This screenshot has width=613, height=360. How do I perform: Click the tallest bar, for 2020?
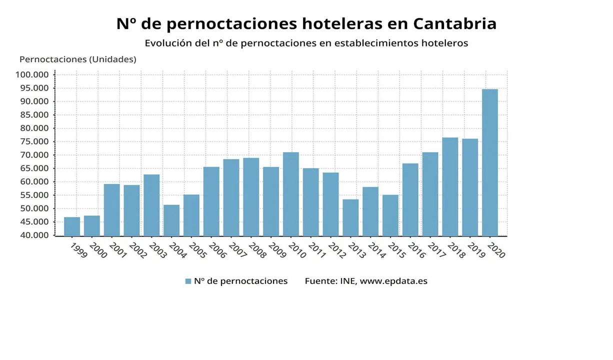coord(489,162)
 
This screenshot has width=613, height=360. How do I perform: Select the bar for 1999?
coord(72,226)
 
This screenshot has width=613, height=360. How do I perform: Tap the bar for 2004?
coord(171,220)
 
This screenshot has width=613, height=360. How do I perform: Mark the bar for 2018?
coord(450,186)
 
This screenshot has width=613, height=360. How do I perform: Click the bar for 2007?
coord(231,197)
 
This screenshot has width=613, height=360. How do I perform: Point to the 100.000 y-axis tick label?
coord(32,74)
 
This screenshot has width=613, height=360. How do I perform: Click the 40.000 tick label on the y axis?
coord(32,235)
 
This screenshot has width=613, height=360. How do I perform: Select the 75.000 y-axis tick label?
coord(32,141)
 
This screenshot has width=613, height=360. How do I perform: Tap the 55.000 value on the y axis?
coord(32,195)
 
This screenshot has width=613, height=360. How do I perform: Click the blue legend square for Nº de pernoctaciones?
coord(188,281)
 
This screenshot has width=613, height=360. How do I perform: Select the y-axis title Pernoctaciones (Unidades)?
coord(77,59)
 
